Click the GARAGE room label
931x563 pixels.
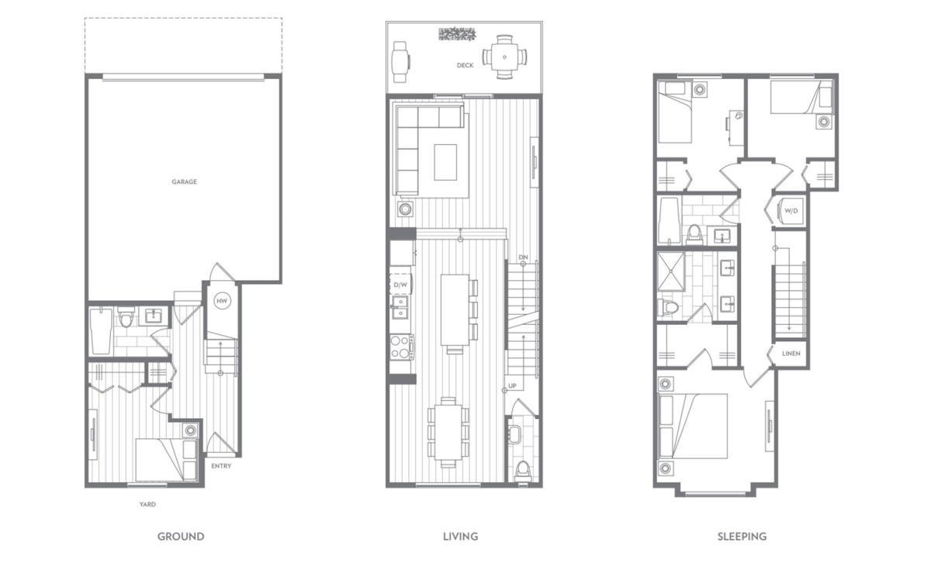tap(184, 181)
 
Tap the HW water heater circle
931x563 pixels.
tap(222, 301)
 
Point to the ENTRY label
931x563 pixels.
tap(221, 466)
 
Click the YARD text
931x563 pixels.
tap(147, 504)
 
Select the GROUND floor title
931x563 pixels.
tap(181, 537)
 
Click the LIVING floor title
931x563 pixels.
tap(461, 537)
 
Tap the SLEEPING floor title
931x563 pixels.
tap(742, 537)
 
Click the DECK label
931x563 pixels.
tap(465, 65)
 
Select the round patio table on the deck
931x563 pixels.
tap(504, 57)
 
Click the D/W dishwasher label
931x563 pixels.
tap(400, 285)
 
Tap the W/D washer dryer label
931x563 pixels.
tap(791, 211)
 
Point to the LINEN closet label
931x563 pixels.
tap(791, 354)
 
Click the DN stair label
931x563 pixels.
tap(523, 257)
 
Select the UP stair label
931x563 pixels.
tap(513, 385)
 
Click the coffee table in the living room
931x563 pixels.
tap(445, 162)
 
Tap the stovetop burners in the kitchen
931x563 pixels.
tap(400, 347)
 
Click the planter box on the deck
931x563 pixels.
tap(457, 34)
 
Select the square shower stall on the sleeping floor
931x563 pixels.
tap(671, 271)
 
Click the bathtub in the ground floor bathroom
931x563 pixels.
tap(101, 331)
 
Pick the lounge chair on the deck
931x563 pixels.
tap(400, 62)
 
